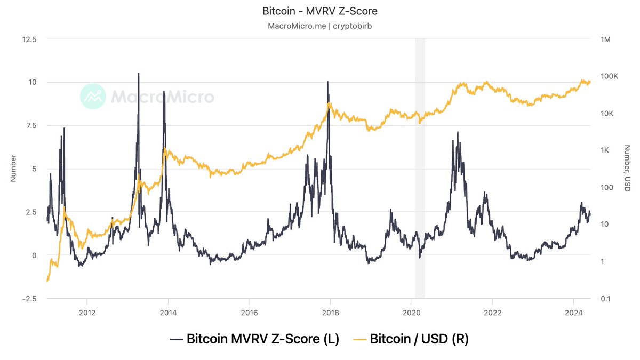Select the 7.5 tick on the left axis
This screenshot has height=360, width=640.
coord(31,125)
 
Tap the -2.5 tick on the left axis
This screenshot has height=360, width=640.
coord(29,299)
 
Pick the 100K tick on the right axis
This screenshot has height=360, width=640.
coord(609,76)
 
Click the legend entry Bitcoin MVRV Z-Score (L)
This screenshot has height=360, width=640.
coord(254,339)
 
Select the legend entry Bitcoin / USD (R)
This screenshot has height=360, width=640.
coord(412,339)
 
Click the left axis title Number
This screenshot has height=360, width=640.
coord(13,169)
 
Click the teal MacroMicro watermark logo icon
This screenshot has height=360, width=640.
coord(93,97)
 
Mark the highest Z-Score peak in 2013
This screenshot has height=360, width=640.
coord(139,74)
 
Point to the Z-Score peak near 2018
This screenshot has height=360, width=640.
coord(327,82)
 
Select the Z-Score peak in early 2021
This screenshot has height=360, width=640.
coord(457,132)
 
